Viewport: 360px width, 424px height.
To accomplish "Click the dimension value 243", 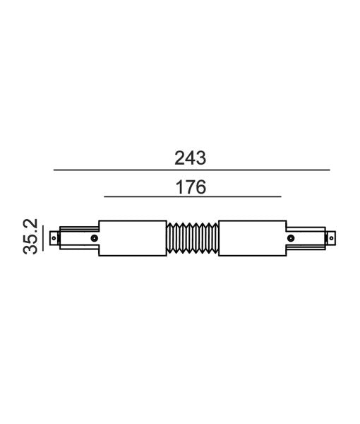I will click(x=191, y=158).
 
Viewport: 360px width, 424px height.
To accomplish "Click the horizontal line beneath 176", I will click(x=192, y=196).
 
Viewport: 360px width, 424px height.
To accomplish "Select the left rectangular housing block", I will click(x=133, y=239).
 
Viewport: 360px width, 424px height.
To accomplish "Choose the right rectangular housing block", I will click(x=252, y=239).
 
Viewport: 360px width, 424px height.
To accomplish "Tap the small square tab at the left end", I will click(x=54, y=238).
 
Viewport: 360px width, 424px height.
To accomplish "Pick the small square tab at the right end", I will click(x=331, y=238).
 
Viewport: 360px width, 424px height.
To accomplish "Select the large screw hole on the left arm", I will click(x=93, y=239).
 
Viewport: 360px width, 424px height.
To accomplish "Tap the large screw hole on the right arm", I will click(x=292, y=239).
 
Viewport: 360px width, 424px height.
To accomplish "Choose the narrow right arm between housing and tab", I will click(x=308, y=238).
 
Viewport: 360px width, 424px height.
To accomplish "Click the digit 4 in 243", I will click(x=191, y=158).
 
